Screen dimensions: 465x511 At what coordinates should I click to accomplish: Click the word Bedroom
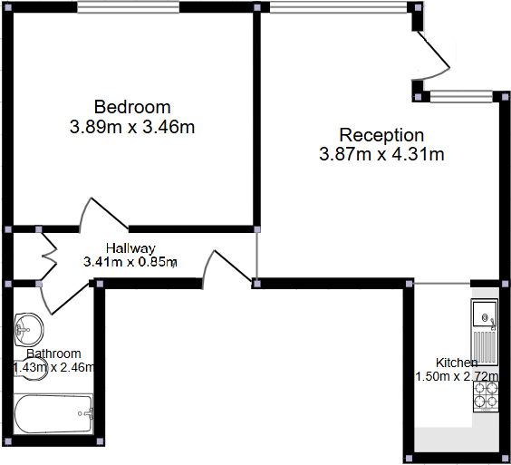pyautogui.click(x=131, y=107)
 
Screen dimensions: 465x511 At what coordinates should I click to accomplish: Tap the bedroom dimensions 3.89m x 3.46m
pyautogui.click(x=132, y=127)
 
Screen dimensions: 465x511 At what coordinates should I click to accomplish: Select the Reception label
pyautogui.click(x=381, y=135)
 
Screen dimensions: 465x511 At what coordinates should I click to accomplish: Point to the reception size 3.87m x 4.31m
pyautogui.click(x=381, y=155)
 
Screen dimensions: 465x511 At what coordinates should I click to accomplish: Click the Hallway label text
pyautogui.click(x=130, y=247)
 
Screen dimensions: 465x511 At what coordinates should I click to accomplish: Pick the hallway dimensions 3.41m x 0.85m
pyautogui.click(x=130, y=262)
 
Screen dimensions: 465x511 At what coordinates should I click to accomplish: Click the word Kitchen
pyautogui.click(x=457, y=363)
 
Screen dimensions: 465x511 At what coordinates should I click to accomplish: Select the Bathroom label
pyautogui.click(x=53, y=354)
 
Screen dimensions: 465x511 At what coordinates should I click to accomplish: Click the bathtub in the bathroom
pyautogui.click(x=53, y=414)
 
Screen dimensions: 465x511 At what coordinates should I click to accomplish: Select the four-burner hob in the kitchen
pyautogui.click(x=485, y=394)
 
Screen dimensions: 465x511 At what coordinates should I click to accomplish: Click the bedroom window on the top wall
pyautogui.click(x=131, y=7)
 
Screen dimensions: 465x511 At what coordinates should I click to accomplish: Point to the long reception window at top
pyautogui.click(x=338, y=7)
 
